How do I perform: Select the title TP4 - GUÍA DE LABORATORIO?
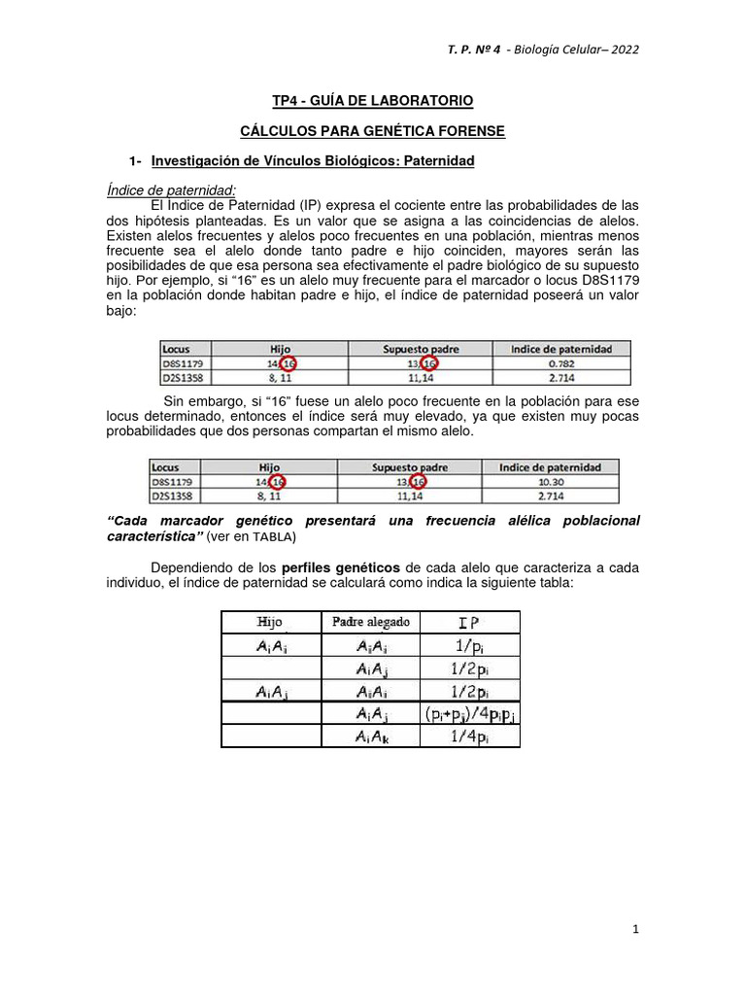pyautogui.click(x=372, y=101)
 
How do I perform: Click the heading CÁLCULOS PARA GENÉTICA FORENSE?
pyautogui.click(x=372, y=130)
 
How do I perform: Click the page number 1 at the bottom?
pyautogui.click(x=635, y=930)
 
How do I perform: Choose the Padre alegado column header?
pyautogui.click(x=371, y=622)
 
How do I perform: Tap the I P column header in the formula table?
pyautogui.click(x=468, y=622)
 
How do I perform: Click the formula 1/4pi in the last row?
pyautogui.click(x=468, y=738)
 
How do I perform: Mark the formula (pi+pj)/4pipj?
pyautogui.click(x=469, y=714)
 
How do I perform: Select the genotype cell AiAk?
pyautogui.click(x=372, y=738)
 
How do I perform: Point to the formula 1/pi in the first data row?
pyautogui.click(x=468, y=645)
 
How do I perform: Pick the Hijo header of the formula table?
pyautogui.click(x=269, y=622)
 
